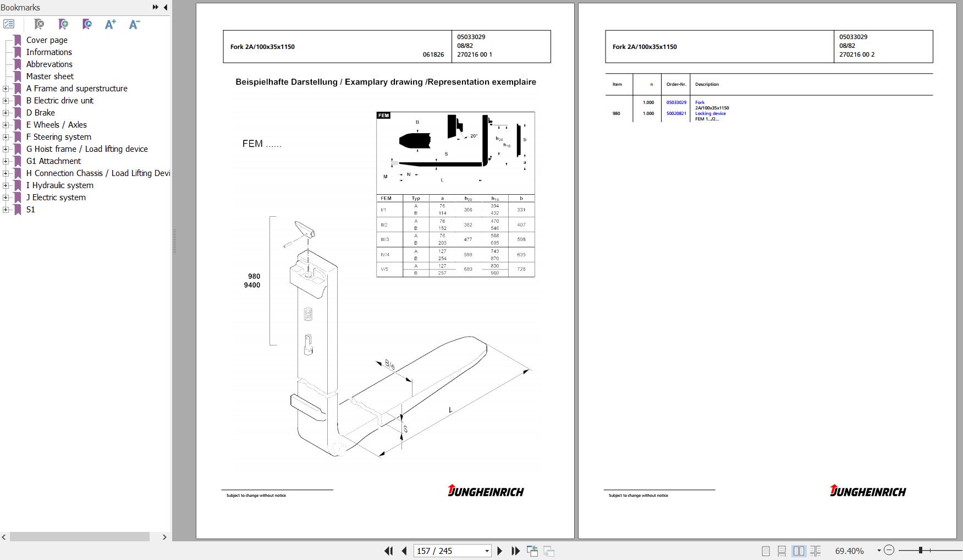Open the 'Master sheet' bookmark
point(49,76)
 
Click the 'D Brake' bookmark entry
point(40,113)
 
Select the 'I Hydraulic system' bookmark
point(59,185)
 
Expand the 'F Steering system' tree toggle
point(5,137)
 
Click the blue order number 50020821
point(676,113)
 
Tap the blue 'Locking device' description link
point(710,113)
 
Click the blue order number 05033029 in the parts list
point(676,102)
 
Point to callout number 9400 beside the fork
point(252,285)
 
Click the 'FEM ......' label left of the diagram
point(262,144)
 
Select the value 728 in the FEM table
point(521,269)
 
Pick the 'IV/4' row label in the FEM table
point(385,255)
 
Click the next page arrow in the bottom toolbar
point(499,551)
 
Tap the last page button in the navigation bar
point(515,551)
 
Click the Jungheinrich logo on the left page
point(486,491)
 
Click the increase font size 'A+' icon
point(111,24)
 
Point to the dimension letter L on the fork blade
point(450,410)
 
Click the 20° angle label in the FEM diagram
point(474,136)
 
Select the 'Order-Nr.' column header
point(676,84)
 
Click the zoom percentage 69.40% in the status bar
point(849,551)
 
